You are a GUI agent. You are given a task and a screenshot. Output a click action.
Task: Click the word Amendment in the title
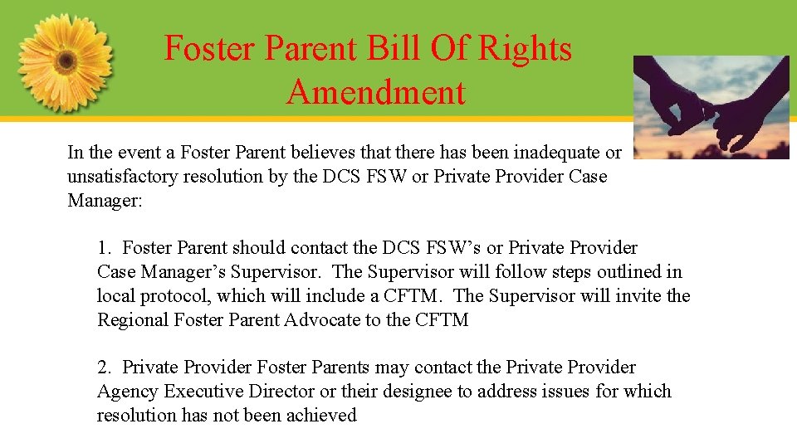pos(376,91)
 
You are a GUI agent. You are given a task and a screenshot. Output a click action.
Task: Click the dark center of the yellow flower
pos(66,61)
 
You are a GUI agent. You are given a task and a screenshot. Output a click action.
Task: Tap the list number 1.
pos(103,248)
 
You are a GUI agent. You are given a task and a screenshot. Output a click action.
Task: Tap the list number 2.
pos(103,368)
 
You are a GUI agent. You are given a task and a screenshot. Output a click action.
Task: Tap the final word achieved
pos(321,416)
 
